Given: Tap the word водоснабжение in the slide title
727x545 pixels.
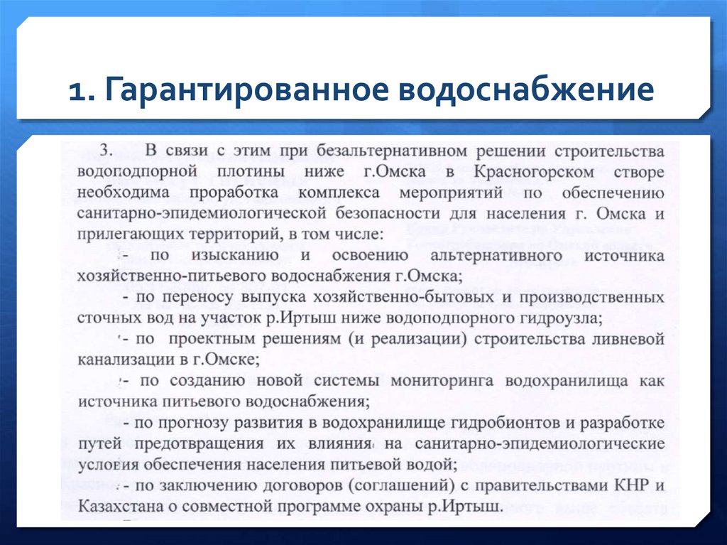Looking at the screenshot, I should point(530,91).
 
